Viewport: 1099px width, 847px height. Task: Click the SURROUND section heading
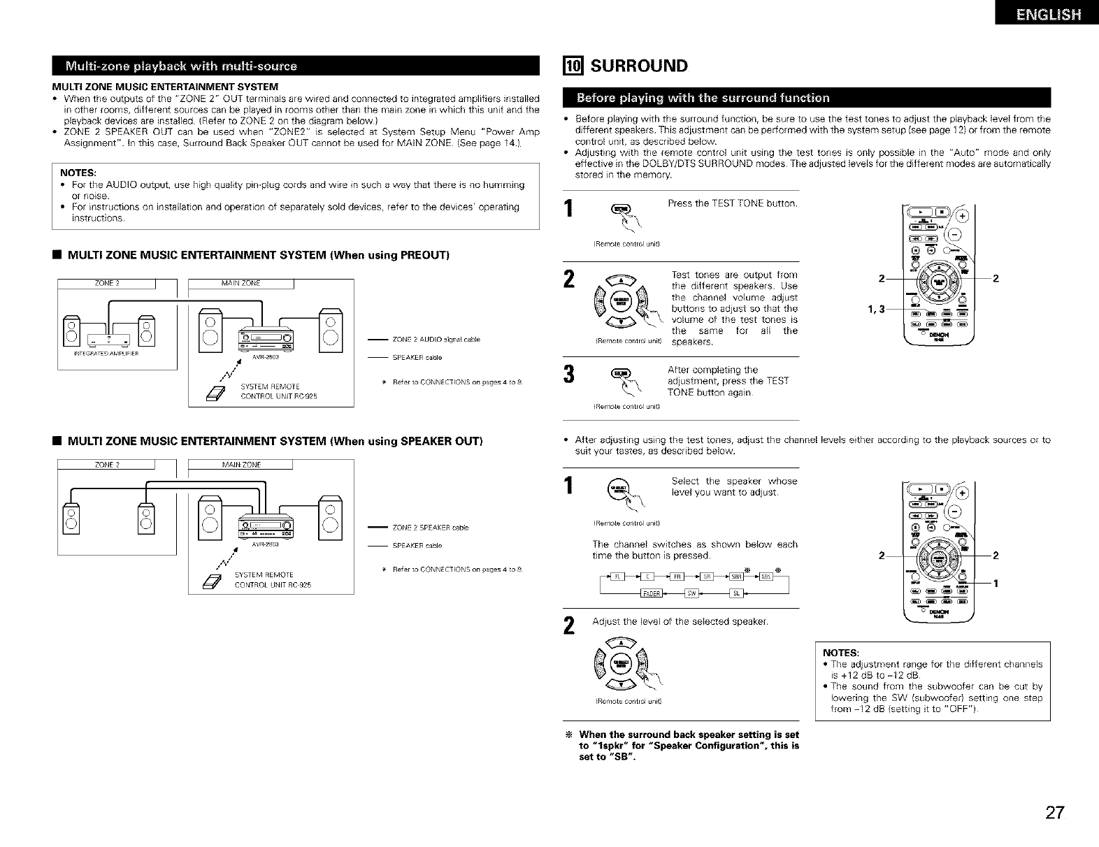coord(639,66)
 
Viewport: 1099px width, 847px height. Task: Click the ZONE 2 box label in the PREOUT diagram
coord(108,283)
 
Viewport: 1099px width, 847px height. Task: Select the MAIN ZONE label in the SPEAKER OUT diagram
coord(240,465)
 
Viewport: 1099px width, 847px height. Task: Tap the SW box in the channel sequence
coord(691,594)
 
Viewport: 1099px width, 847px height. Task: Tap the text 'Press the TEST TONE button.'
coord(732,203)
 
